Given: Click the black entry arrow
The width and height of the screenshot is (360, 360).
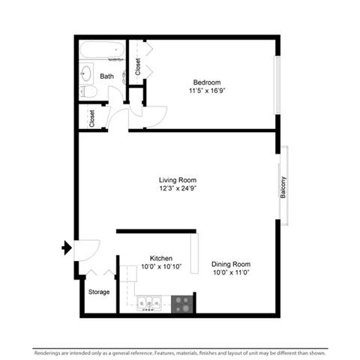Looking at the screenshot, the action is point(67,247).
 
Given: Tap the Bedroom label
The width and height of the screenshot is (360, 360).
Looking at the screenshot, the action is point(207,82).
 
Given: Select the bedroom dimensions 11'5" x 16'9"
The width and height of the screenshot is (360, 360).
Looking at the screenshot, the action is point(207,91).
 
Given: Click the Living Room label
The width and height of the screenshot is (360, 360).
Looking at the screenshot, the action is point(178,180).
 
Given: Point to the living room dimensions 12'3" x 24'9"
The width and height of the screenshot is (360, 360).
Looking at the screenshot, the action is point(178,188).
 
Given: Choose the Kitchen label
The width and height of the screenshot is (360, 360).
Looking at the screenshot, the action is point(161,258).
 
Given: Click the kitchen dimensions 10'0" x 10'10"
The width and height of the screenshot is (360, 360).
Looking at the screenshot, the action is point(161,266).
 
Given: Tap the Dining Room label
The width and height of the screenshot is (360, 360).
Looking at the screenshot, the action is point(231,264).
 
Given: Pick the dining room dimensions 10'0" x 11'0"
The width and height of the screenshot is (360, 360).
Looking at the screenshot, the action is point(231,272).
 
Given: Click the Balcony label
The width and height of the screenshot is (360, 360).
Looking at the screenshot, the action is point(283,187).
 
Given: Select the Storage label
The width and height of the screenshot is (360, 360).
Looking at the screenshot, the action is point(99,292).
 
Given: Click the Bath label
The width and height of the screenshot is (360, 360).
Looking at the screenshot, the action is point(106,76).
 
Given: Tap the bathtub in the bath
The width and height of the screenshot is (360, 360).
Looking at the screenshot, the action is point(102,49).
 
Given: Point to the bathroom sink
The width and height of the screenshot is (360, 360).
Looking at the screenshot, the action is point(86,73).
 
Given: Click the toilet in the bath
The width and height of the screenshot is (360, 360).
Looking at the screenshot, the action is point(88,91).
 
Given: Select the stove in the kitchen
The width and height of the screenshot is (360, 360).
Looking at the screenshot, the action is point(182,304).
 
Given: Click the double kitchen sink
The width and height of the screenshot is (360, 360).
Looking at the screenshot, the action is point(149,304).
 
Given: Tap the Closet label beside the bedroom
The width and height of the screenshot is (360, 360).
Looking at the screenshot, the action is point(138,67).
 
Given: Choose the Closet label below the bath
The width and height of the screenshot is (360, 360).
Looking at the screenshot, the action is point(91,118).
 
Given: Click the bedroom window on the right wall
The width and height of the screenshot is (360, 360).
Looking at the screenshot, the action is point(277,85).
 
